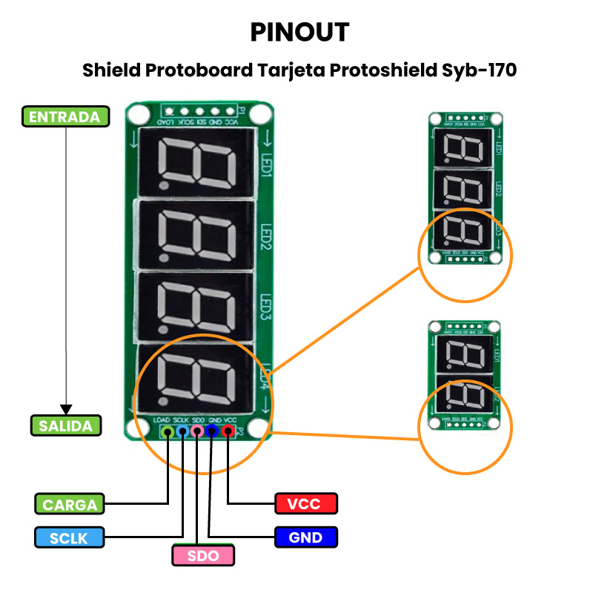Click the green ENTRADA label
click(65, 117)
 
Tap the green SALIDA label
click(65, 425)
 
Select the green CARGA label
click(70, 505)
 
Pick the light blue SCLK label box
click(70, 537)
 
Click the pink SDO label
click(203, 555)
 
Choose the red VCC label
click(305, 504)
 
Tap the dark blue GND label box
click(305, 537)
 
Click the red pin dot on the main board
click(228, 431)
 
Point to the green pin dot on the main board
click(168, 431)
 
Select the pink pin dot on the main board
click(197, 431)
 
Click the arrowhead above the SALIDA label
click(66, 409)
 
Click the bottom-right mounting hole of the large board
click(258, 428)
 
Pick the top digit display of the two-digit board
click(464, 357)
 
